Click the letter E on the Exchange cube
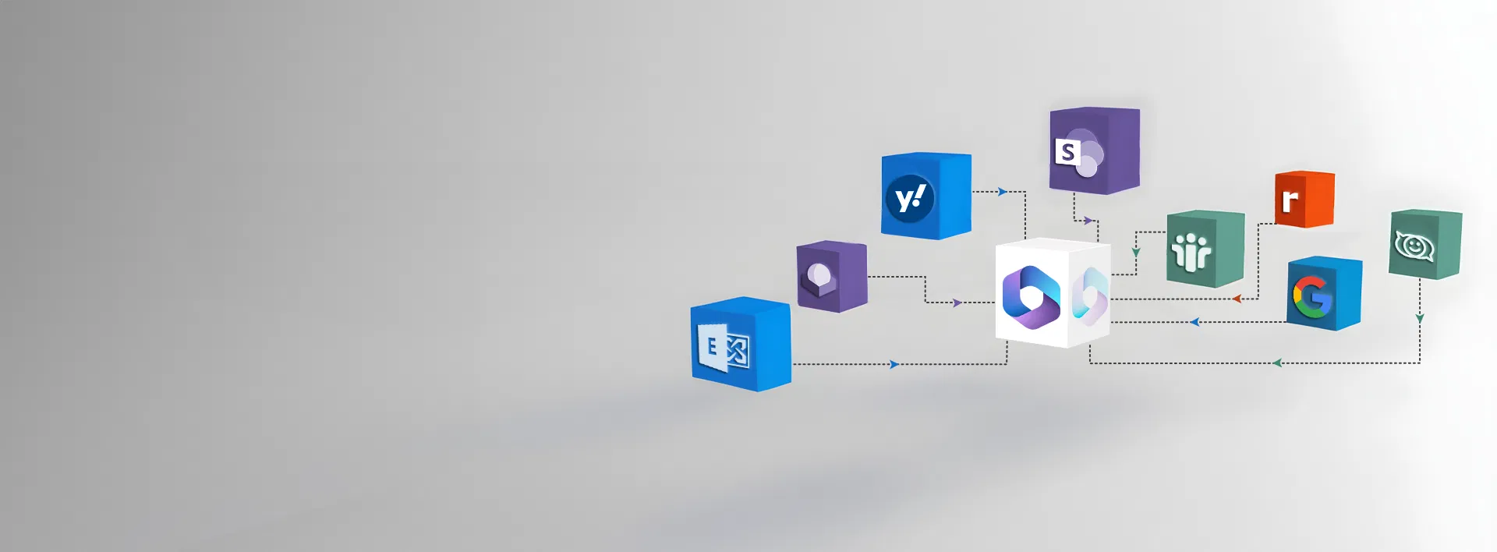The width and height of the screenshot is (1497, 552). pyautogui.click(x=711, y=345)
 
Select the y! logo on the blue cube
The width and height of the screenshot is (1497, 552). pyautogui.click(x=910, y=199)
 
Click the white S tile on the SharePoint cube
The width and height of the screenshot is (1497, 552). pyautogui.click(x=1067, y=151)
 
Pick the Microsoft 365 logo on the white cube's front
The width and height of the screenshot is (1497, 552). pyautogui.click(x=1031, y=297)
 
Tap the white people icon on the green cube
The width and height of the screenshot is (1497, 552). pyautogui.click(x=1192, y=252)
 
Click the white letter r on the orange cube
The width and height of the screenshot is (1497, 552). pyautogui.click(x=1290, y=200)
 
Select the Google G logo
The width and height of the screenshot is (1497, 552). pyautogui.click(x=1313, y=297)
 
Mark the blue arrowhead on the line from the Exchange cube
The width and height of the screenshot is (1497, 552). pyautogui.click(x=894, y=364)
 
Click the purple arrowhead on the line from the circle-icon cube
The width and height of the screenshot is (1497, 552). pyautogui.click(x=957, y=303)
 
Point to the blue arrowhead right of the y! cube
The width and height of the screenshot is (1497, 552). pyautogui.click(x=1002, y=192)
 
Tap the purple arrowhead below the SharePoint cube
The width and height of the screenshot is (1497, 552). pyautogui.click(x=1088, y=221)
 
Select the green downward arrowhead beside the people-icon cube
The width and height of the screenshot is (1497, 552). pyautogui.click(x=1136, y=253)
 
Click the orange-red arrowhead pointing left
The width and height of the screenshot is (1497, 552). pyautogui.click(x=1237, y=299)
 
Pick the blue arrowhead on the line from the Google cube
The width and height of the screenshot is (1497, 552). pyautogui.click(x=1194, y=322)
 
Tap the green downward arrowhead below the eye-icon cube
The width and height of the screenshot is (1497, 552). pyautogui.click(x=1420, y=319)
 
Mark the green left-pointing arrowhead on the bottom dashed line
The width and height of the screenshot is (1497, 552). pyautogui.click(x=1276, y=363)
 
